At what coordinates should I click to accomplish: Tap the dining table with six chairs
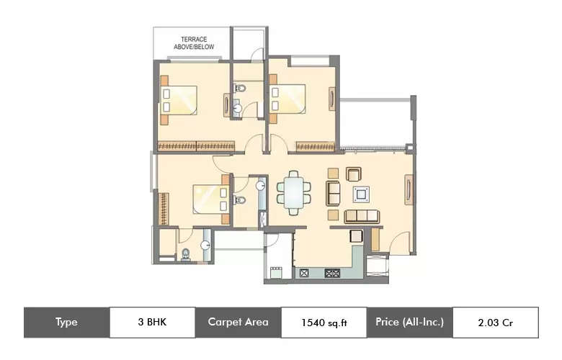point(294,192)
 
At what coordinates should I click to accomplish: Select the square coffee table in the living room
point(360,194)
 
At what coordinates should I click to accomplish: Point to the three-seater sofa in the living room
point(361,215)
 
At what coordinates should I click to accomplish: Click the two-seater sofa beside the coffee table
point(334,193)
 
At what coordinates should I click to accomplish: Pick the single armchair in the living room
point(353,174)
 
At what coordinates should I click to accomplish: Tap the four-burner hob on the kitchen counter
point(333,273)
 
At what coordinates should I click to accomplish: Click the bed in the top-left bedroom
point(180,100)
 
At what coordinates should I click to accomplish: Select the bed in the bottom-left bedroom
point(210,199)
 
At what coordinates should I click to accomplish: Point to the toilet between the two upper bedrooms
point(239,89)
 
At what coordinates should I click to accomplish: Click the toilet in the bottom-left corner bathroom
point(185,253)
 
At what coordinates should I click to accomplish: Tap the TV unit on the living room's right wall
point(409,192)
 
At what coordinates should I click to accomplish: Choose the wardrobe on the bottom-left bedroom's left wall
point(164,208)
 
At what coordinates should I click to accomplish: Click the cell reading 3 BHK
point(152,323)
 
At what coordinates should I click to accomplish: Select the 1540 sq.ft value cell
point(324,323)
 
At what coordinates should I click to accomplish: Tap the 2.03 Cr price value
point(495,323)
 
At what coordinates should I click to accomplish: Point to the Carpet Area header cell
point(238,323)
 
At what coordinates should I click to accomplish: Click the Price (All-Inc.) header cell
point(409,323)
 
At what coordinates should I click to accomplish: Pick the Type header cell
point(66,323)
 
